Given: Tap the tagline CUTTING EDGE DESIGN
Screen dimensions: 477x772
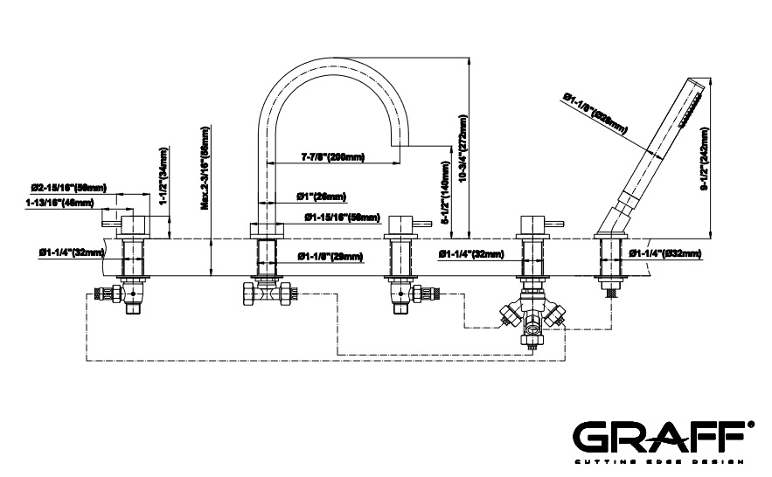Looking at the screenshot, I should (658, 460).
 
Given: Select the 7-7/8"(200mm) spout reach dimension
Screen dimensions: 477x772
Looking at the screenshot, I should (332, 157).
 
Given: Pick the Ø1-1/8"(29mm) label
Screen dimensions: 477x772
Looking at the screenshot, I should (330, 256).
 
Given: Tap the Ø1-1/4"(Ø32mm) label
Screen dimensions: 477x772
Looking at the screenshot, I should (664, 253).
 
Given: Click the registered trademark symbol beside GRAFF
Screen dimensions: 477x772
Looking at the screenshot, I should (751, 423).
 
